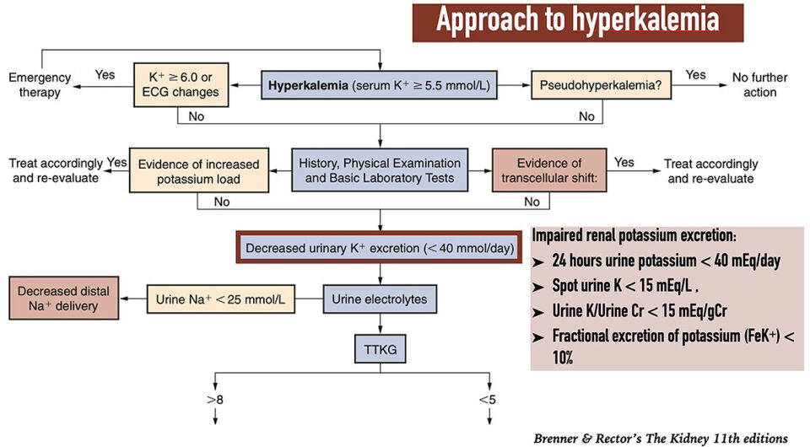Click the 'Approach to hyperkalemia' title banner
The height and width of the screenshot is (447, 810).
click(577, 22)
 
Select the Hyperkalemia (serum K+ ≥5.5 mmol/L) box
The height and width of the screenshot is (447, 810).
click(381, 85)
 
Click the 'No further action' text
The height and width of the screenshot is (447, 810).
click(759, 85)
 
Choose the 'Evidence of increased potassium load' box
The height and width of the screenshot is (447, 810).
click(198, 170)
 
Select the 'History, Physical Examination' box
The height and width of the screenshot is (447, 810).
click(381, 170)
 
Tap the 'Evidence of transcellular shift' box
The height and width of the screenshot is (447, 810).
click(549, 170)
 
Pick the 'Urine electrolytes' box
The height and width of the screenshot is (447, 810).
click(381, 298)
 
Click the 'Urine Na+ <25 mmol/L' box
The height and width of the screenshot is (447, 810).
click(223, 298)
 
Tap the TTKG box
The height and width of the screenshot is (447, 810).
click(381, 347)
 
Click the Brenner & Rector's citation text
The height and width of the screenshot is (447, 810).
click(661, 437)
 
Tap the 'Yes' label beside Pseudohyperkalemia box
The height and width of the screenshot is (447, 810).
click(696, 75)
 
